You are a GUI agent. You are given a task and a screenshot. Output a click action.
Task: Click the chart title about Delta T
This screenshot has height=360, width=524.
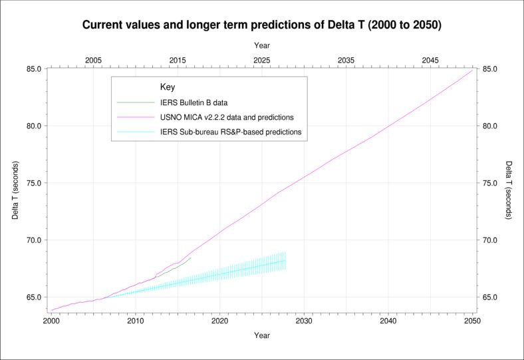tap(261, 25)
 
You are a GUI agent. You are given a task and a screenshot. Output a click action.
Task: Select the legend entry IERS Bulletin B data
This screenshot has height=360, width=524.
tap(192, 102)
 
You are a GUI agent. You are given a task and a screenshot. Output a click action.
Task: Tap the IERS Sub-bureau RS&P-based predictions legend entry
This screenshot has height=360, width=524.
tap(231, 132)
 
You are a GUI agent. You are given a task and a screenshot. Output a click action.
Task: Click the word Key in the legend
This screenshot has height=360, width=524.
tap(168, 87)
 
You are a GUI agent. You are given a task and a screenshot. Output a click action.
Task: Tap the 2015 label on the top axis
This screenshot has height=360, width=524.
tap(178, 60)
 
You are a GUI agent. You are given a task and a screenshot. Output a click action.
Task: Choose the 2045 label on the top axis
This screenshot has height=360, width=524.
tap(430, 60)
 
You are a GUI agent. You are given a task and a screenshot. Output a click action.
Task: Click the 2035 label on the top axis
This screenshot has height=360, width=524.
tap(346, 60)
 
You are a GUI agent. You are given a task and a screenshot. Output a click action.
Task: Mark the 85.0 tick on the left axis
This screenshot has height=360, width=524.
tap(33, 69)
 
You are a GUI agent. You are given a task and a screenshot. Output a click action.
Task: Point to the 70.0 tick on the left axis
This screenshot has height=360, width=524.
tap(33, 240)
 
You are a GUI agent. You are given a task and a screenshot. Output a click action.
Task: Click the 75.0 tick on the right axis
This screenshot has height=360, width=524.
tap(491, 183)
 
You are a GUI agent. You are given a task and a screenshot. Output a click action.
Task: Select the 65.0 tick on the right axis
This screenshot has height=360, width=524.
tap(491, 297)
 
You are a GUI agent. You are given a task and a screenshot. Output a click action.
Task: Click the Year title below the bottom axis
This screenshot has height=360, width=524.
tap(262, 335)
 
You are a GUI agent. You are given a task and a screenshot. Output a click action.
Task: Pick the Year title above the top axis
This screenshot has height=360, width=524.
tap(262, 45)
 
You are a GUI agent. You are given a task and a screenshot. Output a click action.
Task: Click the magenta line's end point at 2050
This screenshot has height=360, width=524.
tap(472, 70)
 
